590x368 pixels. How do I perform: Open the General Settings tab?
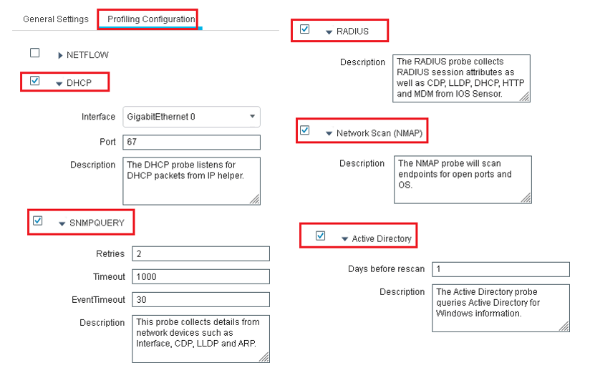(56, 19)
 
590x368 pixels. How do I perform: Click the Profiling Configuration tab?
(151, 19)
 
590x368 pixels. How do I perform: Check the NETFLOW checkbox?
(34, 53)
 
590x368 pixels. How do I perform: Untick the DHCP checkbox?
(34, 80)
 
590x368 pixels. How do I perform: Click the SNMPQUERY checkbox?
(38, 221)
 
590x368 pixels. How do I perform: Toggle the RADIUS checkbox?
(305, 29)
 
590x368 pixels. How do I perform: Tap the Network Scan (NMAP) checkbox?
(305, 130)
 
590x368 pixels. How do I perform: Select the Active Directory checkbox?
(321, 236)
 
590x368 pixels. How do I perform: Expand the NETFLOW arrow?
(60, 55)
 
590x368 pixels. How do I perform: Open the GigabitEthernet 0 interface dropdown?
(191, 117)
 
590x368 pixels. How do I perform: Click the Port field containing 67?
(191, 142)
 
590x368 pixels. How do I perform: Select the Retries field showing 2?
(201, 253)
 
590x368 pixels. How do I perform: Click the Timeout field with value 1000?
(201, 276)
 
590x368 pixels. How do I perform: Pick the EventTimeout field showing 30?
(201, 299)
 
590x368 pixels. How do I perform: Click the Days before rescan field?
(500, 269)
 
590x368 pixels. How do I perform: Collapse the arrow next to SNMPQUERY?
(62, 224)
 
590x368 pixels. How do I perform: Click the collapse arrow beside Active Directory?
(344, 239)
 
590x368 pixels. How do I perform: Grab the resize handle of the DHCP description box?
(255, 200)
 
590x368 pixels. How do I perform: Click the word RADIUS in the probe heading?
(352, 32)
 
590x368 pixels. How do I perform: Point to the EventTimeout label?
(98, 300)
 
